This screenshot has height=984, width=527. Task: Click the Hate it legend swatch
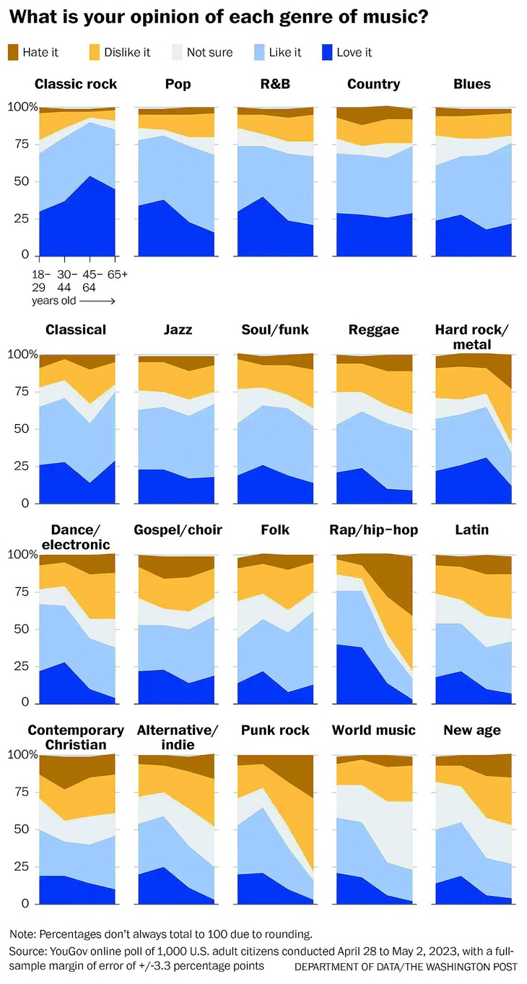(x=13, y=52)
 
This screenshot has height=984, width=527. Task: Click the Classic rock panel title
(x=76, y=85)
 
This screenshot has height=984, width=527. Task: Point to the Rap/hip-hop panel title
(x=374, y=530)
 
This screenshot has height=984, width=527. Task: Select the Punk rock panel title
(x=276, y=730)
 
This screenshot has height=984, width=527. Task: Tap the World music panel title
(x=374, y=730)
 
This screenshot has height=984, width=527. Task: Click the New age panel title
(x=472, y=730)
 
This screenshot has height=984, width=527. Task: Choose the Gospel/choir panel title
(x=178, y=530)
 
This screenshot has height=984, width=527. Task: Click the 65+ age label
(x=118, y=274)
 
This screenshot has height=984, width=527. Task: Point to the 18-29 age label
(x=40, y=280)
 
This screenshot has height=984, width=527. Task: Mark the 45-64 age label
(x=90, y=280)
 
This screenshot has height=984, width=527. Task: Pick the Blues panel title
(x=472, y=85)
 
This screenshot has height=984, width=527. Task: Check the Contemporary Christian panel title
(x=76, y=737)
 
